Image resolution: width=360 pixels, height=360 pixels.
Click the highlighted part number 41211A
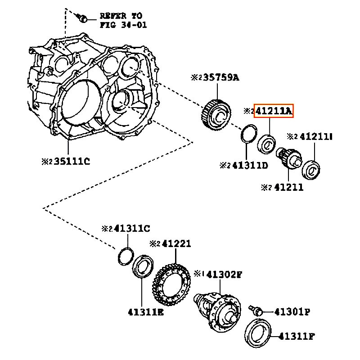(274, 111)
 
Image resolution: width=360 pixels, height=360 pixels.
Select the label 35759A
(221, 77)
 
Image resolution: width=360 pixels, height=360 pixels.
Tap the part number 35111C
(72, 162)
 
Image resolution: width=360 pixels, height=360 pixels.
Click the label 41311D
(250, 165)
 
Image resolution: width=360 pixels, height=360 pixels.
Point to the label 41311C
(132, 229)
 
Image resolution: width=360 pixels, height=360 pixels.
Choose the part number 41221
(176, 243)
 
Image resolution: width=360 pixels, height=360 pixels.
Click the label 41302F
(225, 274)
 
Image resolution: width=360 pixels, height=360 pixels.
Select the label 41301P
(292, 311)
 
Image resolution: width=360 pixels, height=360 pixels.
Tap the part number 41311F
(296, 336)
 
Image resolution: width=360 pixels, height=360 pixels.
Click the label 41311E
(146, 312)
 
